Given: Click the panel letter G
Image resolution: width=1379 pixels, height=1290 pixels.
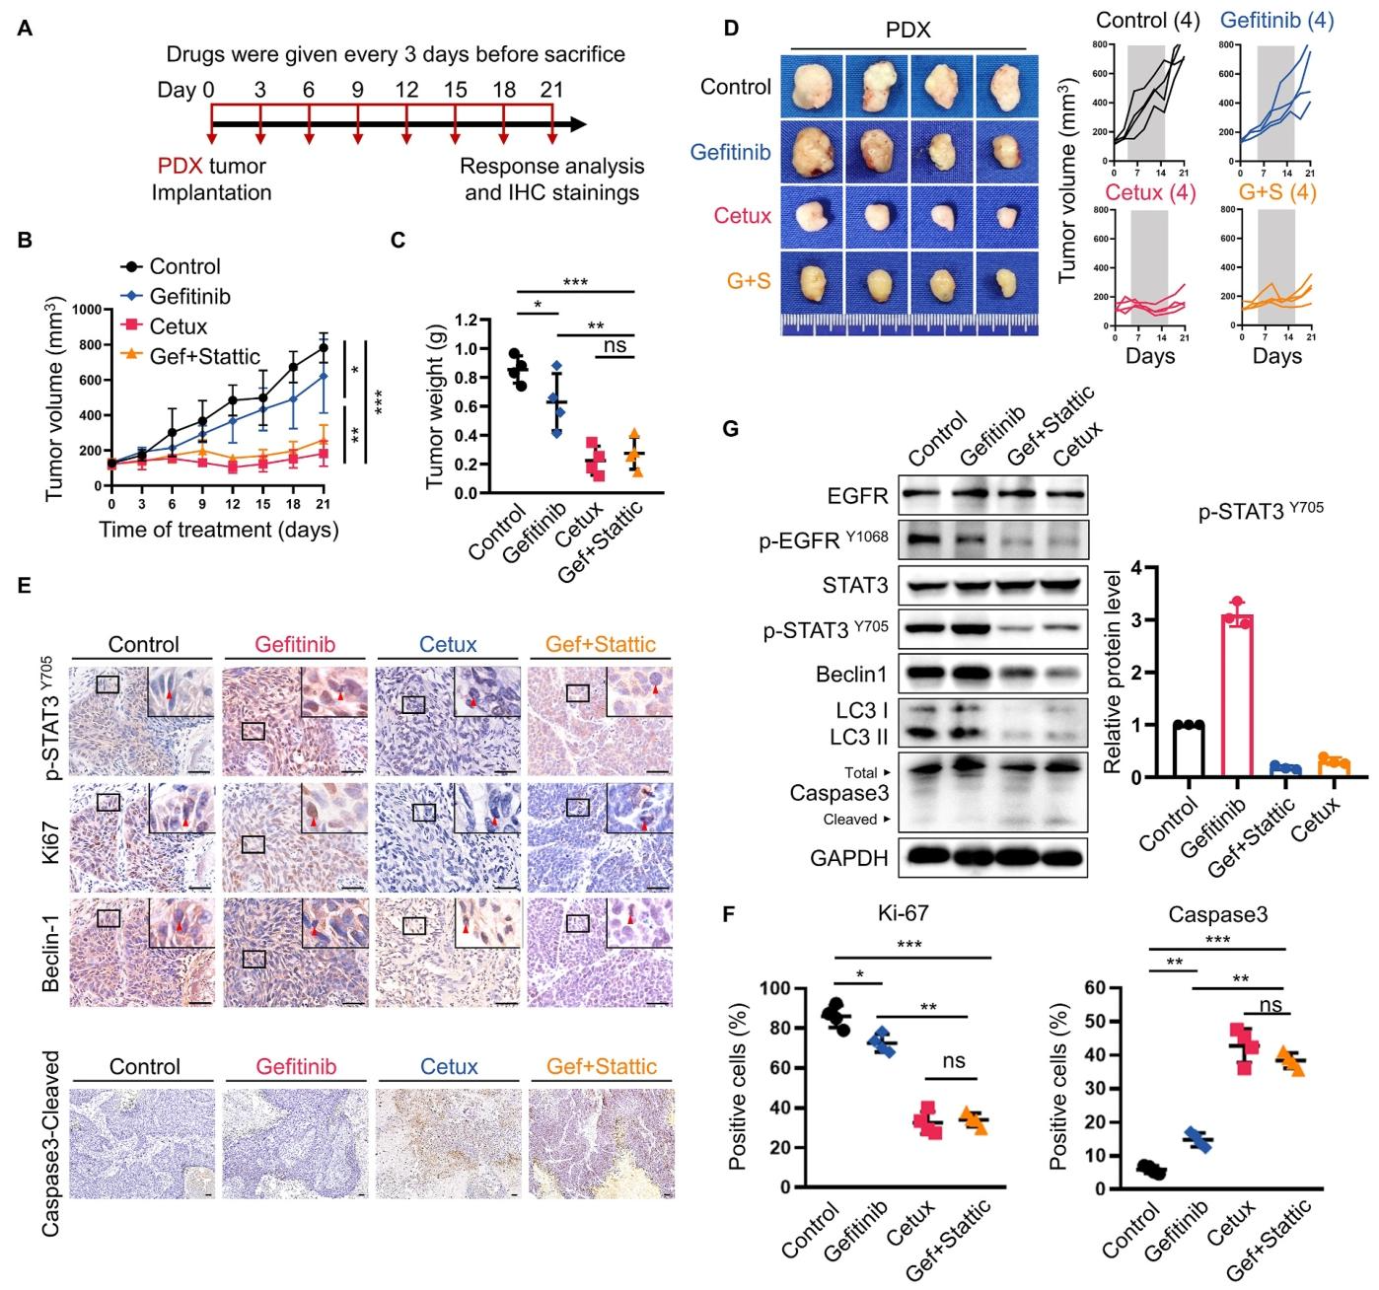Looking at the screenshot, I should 731,431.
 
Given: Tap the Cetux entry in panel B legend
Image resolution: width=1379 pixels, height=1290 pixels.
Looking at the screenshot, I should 178,325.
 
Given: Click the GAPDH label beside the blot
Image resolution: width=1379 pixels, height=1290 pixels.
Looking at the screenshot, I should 849,858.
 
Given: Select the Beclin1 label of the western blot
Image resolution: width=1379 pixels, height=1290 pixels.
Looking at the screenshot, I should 855,676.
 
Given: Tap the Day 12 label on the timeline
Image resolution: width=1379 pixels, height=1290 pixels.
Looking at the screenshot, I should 406,90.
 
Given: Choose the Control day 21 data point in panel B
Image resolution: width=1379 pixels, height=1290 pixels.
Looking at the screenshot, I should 324,347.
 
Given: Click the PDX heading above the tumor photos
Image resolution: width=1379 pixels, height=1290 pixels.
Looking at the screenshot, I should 907,30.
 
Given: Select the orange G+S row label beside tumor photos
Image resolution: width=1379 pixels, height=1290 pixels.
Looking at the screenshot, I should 749,281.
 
